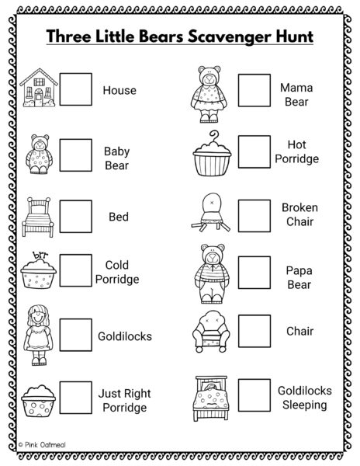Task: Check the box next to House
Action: pos(76,89)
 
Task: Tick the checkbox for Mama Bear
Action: pos(254,90)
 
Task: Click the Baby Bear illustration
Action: pos(39,154)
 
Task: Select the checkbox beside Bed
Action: pos(76,217)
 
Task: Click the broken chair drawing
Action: pos(211,212)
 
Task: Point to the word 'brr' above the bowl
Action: pos(40,255)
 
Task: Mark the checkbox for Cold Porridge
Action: pos(76,270)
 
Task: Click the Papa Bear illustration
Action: pos(212,273)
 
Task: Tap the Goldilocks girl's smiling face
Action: pos(38,317)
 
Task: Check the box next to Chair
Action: pos(254,331)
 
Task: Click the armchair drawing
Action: pos(211,332)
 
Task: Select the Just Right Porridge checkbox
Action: pos(76,398)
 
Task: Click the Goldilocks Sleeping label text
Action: pos(304,398)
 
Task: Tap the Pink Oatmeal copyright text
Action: pos(42,445)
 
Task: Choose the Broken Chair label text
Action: pos(299,214)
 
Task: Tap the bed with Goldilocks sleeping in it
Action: pos(211,398)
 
